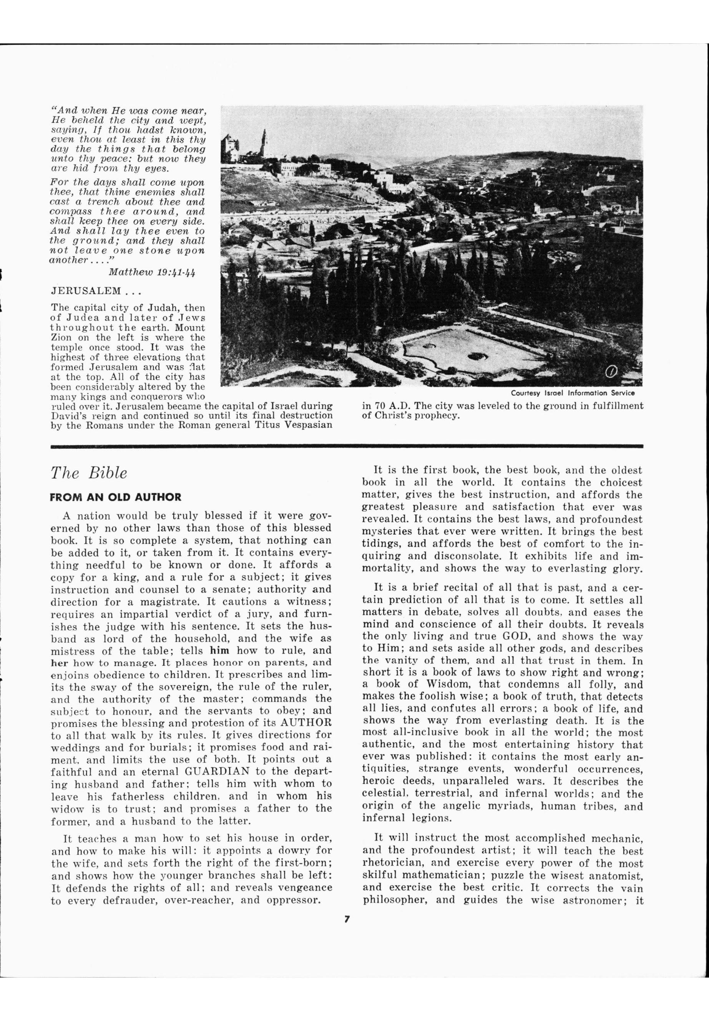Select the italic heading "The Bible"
(x=89, y=473)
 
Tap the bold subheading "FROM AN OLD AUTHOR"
(x=116, y=497)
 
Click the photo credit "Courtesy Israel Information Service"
(x=573, y=393)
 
